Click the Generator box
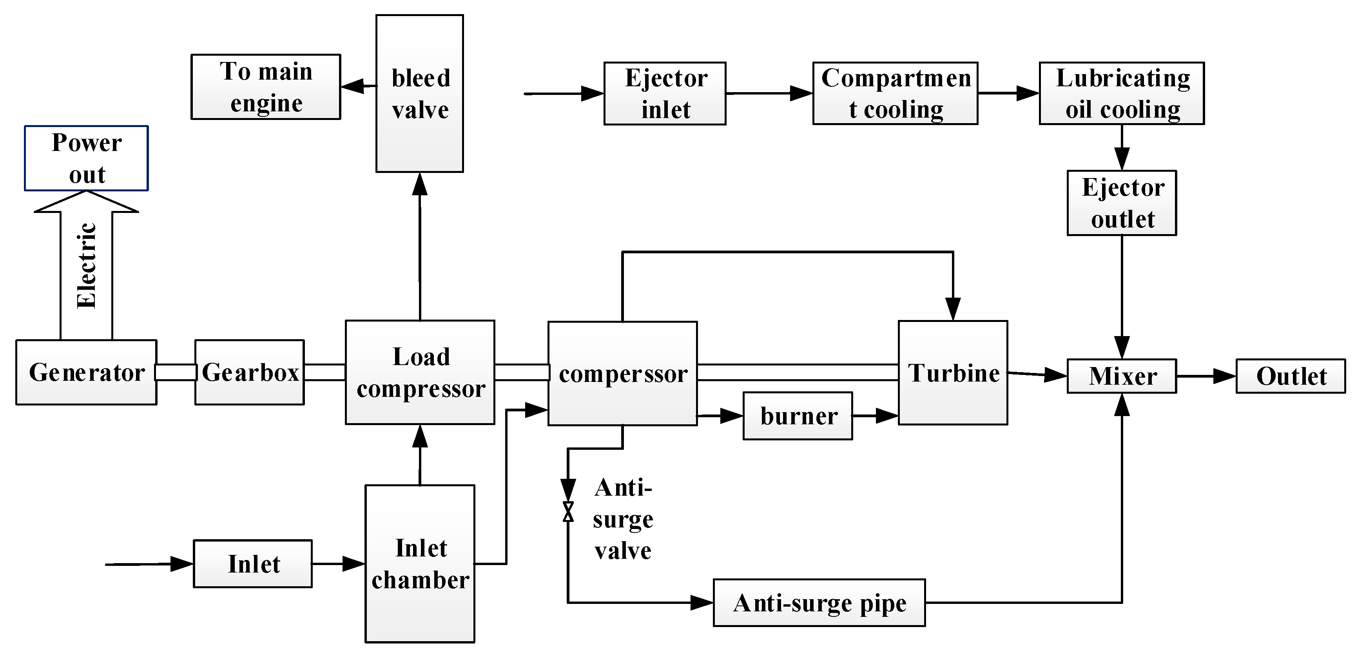pos(86,373)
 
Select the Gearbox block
pos(250,373)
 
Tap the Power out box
pos(86,158)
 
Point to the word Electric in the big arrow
pos(86,266)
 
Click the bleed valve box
pos(420,94)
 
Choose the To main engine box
pos(266,87)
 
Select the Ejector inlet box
pos(665,94)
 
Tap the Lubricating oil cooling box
pos(1121,94)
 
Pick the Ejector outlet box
pos(1121,203)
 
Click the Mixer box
pos(1121,376)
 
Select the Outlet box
pos(1291,376)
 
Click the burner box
pos(798,416)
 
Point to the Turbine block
pos(953,373)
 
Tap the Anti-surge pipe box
pos(819,603)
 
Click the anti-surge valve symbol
pos(568,511)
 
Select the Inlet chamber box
pos(420,564)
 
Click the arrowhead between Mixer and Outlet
pos(1224,376)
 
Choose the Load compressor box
pos(420,373)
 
